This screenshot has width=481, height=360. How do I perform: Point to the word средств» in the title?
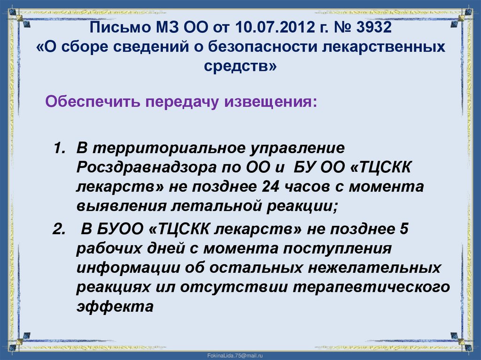coord(240,67)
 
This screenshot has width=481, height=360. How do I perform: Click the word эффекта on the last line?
coord(115,306)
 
